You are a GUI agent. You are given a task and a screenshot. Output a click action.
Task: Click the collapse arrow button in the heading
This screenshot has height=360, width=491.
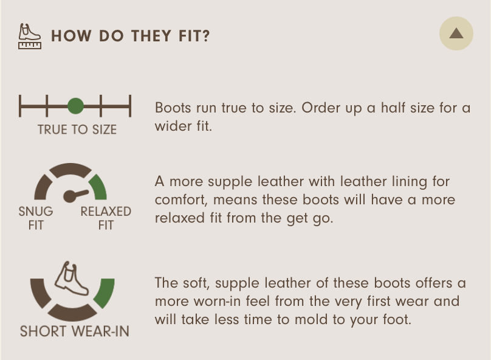456,33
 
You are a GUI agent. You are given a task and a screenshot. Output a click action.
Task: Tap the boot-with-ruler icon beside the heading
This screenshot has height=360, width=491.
30,36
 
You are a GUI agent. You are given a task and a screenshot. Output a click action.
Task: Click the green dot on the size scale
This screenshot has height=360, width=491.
75,106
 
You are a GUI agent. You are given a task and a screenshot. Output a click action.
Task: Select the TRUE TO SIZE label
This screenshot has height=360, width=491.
77,130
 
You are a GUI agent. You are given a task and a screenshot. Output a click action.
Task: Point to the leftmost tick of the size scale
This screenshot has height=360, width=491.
20,106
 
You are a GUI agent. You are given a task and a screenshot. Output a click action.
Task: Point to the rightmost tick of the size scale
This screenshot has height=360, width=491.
130,106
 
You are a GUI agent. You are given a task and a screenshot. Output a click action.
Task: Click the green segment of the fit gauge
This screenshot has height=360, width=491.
99,187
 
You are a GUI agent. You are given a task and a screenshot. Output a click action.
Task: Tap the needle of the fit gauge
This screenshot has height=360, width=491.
75,195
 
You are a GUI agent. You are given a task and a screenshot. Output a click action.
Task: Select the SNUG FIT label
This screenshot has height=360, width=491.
36,218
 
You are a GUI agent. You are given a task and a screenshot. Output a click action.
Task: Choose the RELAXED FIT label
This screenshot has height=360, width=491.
106,218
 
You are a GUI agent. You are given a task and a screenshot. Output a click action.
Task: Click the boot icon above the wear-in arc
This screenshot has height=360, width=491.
71,279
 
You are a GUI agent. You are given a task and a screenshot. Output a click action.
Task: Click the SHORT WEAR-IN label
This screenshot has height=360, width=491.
75,331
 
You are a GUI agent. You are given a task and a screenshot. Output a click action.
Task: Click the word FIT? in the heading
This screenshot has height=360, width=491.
194,36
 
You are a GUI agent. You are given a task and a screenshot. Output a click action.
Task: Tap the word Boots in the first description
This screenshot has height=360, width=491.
173,108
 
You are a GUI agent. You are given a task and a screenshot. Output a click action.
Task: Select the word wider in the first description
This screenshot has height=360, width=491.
173,126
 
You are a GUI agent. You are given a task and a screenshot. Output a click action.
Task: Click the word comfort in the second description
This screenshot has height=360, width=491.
180,200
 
